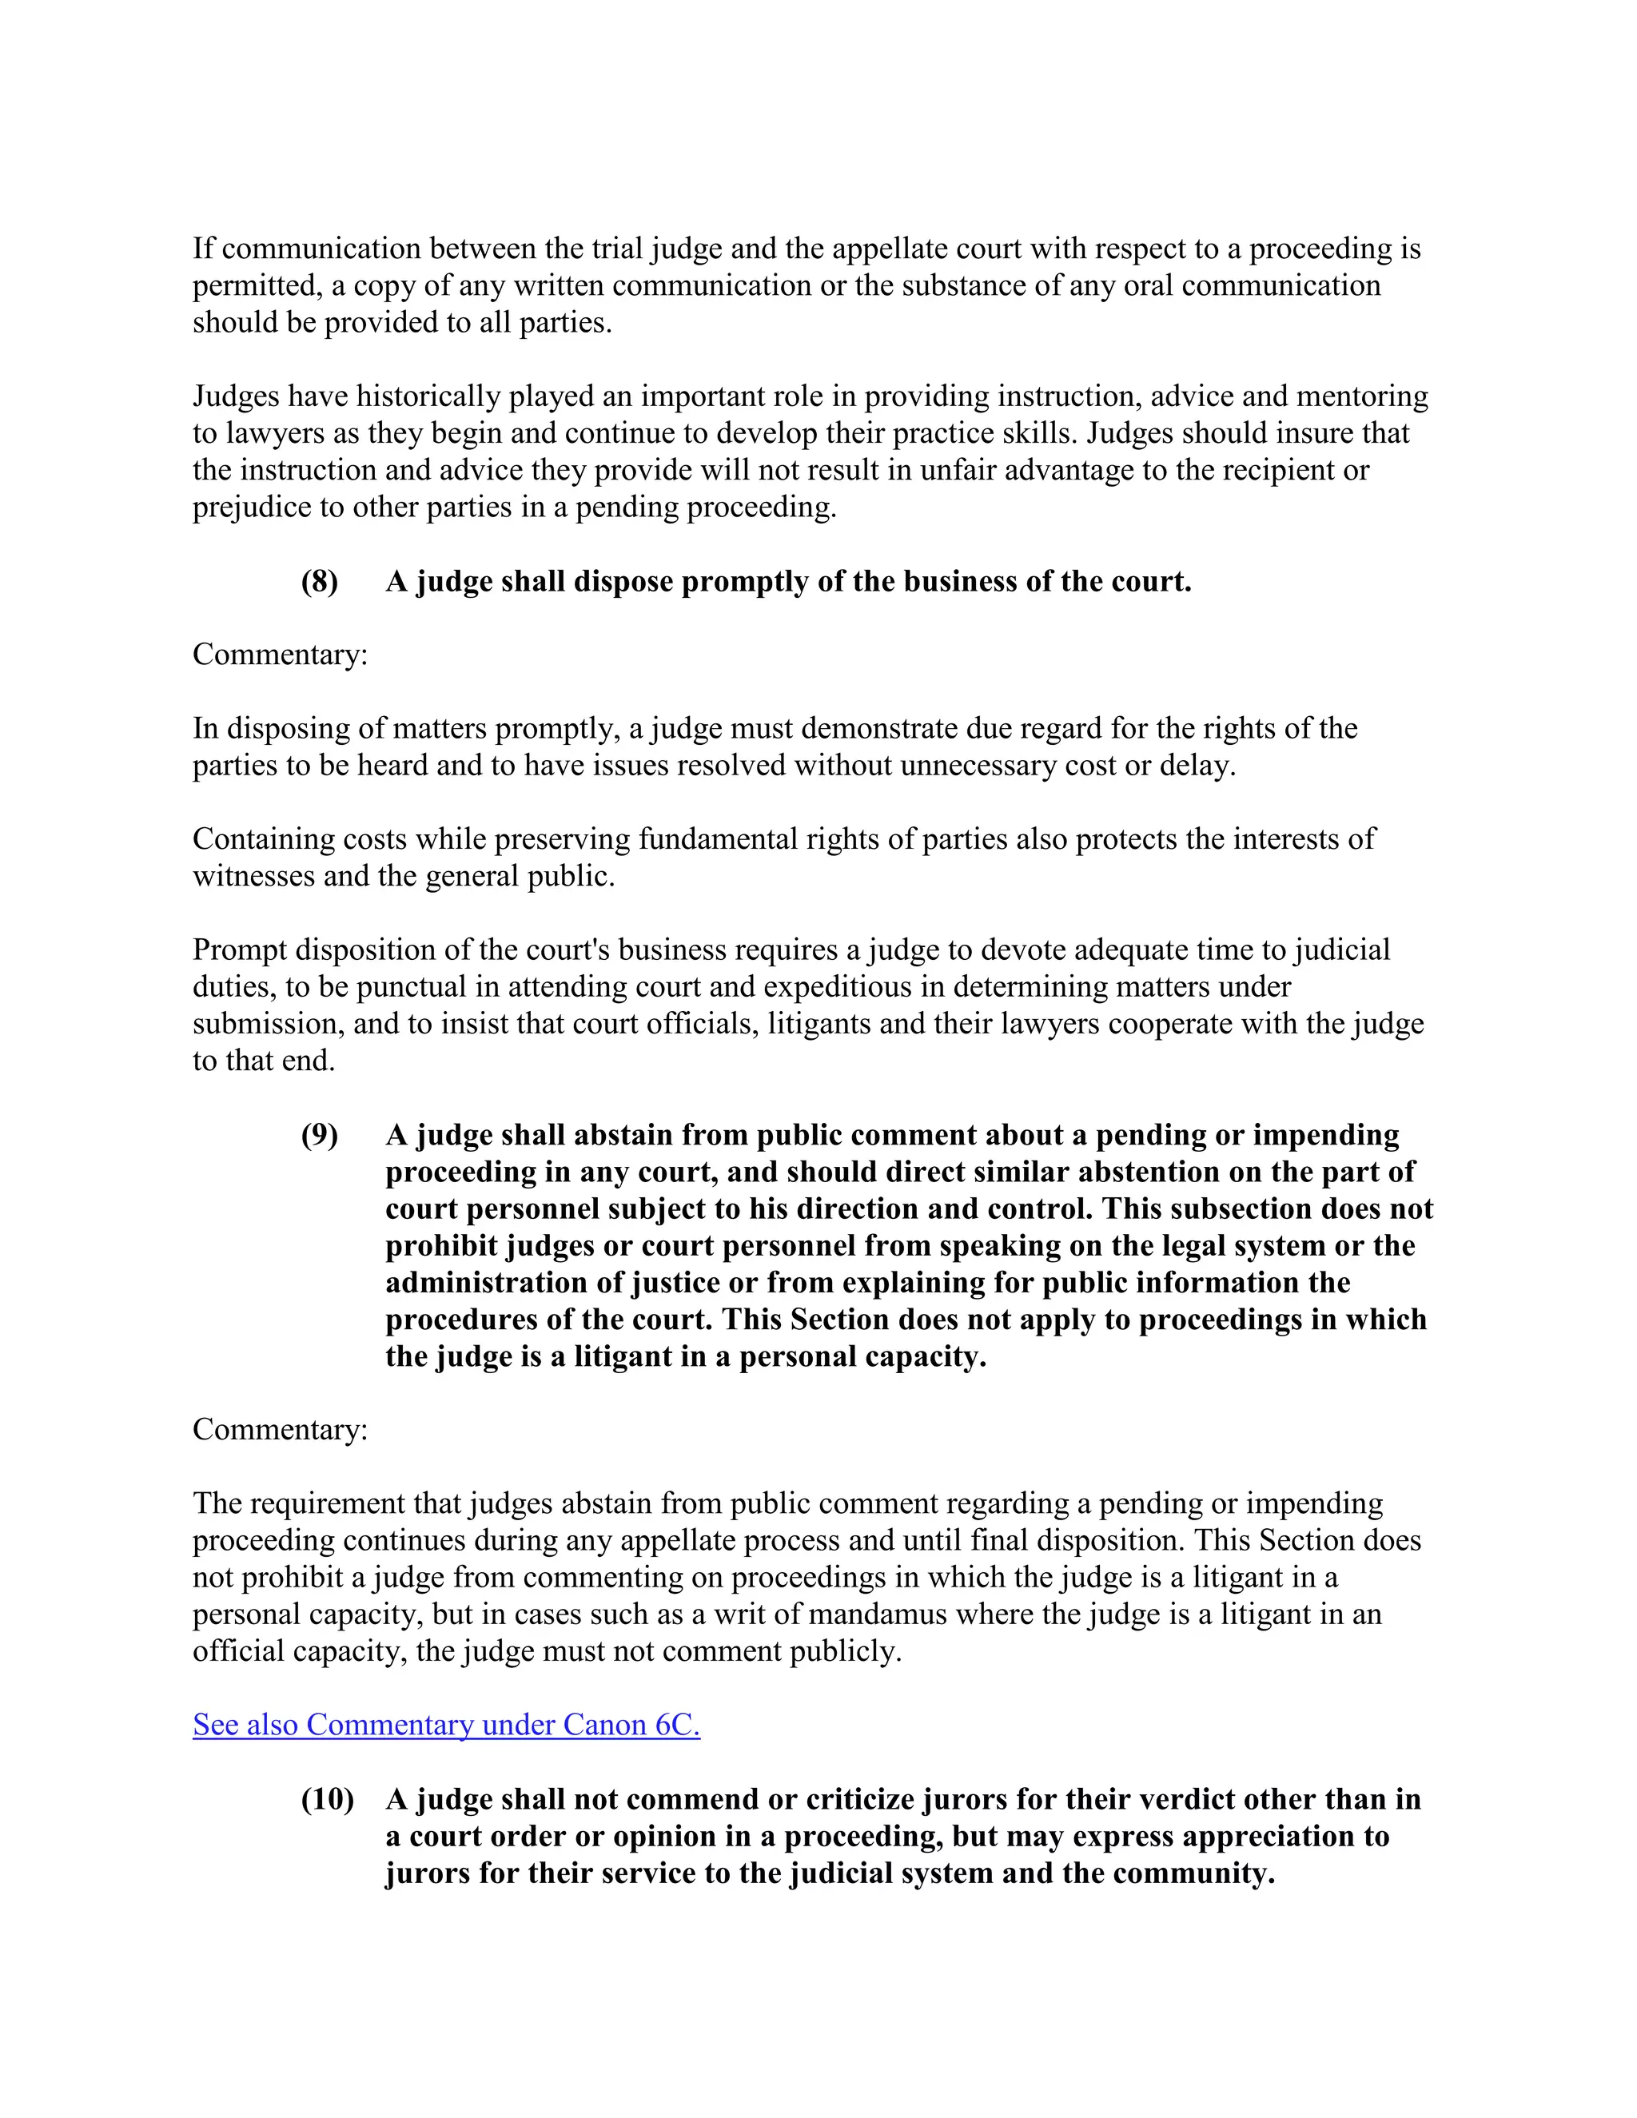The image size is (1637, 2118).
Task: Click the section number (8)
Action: tap(319, 581)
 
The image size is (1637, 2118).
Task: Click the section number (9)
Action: tap(319, 1135)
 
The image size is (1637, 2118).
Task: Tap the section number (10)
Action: tap(327, 1799)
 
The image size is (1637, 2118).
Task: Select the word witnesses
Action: tap(251, 876)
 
